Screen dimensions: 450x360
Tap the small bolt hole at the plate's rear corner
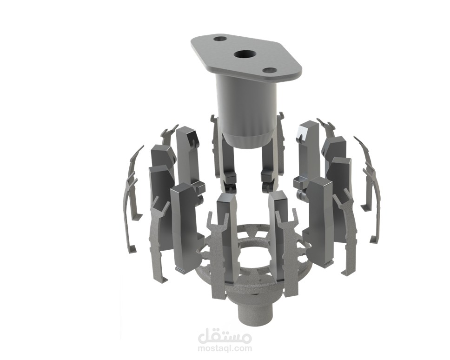pyautogui.click(x=220, y=39)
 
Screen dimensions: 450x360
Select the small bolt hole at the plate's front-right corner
pyautogui.click(x=270, y=71)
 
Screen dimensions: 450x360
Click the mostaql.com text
pyautogui.click(x=225, y=348)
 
